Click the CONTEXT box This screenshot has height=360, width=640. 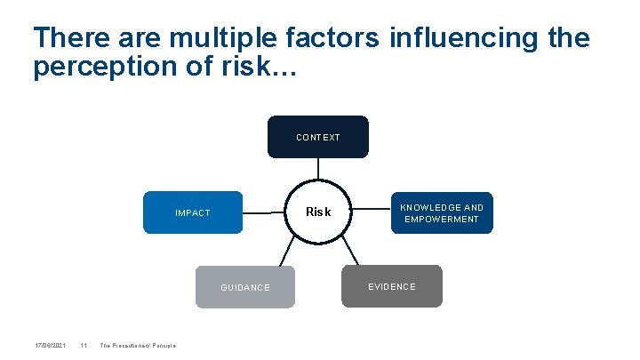coord(317,137)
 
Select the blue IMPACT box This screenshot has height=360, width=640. coord(193,212)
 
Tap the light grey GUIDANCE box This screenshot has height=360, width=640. coord(244,287)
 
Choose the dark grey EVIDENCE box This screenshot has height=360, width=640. coord(391,286)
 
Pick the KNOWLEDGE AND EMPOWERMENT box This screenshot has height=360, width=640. coord(442,212)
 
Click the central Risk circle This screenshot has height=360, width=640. coord(318,212)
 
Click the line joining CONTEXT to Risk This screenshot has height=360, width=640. coord(318,167)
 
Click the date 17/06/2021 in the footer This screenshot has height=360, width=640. coord(50,346)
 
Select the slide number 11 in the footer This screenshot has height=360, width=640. coord(83,346)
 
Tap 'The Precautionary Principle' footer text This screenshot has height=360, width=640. coord(138,346)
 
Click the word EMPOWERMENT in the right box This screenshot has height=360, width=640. coord(442,219)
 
